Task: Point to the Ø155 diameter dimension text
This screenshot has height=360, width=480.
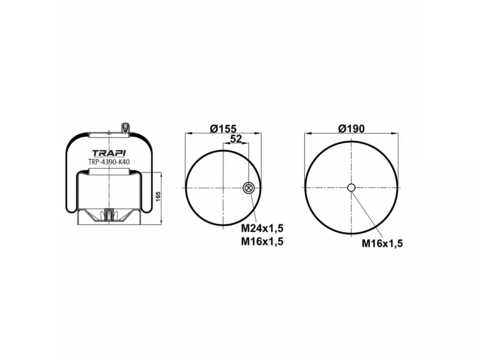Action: pyautogui.click(x=224, y=128)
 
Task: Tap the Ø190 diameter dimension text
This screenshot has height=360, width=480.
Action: pyautogui.click(x=351, y=128)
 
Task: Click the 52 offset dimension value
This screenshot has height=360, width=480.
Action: pyautogui.click(x=236, y=139)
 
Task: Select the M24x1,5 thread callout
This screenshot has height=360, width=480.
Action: pyautogui.click(x=262, y=229)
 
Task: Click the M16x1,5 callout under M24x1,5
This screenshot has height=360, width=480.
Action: pyautogui.click(x=262, y=241)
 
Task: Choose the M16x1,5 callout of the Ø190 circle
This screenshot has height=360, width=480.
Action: pyautogui.click(x=382, y=243)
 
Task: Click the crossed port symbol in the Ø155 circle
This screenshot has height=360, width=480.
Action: pyautogui.click(x=248, y=188)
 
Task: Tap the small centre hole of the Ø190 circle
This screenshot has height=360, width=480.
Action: pyautogui.click(x=352, y=188)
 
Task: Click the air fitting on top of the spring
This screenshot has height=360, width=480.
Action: pyautogui.click(x=125, y=128)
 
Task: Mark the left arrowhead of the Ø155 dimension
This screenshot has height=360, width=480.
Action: pyautogui.click(x=188, y=134)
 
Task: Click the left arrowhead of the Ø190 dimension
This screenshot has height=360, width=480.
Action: pyautogui.click(x=307, y=134)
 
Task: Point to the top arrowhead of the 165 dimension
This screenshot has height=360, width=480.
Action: pyautogui.click(x=162, y=174)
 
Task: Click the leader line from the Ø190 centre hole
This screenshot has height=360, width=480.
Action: pyautogui.click(x=367, y=213)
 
